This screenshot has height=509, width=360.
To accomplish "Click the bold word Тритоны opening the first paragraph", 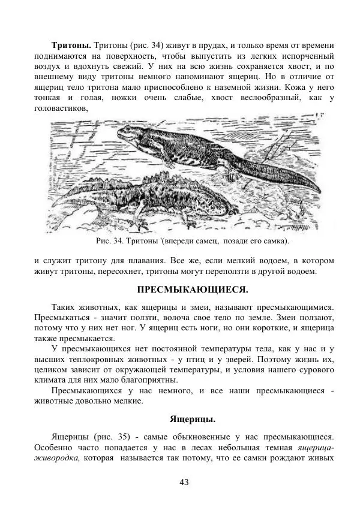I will [71, 45].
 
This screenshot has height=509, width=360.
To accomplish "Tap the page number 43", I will [184, 482].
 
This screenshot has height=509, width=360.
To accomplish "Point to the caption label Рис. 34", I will [109, 241].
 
